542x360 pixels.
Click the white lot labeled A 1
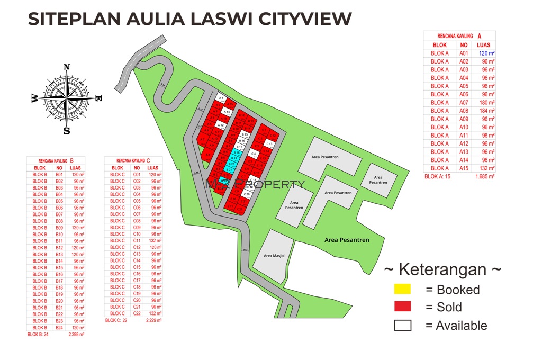pos(221,98)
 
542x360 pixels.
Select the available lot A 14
pos(227,112)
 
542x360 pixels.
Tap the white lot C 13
pos(269,144)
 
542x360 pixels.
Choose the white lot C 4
pos(254,154)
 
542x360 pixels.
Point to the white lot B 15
pos(245,135)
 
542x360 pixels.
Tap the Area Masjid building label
pos(274,256)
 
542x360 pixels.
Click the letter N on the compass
pos(67,67)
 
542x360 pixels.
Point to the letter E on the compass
pos(98,98)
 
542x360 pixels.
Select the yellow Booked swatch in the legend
pos(402,290)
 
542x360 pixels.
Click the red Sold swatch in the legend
pos(402,307)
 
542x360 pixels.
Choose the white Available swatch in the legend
pos(402,326)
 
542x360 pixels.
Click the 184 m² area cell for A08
pos(484,111)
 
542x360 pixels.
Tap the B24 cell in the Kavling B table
pos(59,328)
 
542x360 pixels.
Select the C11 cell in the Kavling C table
pos(137,240)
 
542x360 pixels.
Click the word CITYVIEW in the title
pos(305,19)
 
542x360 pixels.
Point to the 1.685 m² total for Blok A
pos(484,176)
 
